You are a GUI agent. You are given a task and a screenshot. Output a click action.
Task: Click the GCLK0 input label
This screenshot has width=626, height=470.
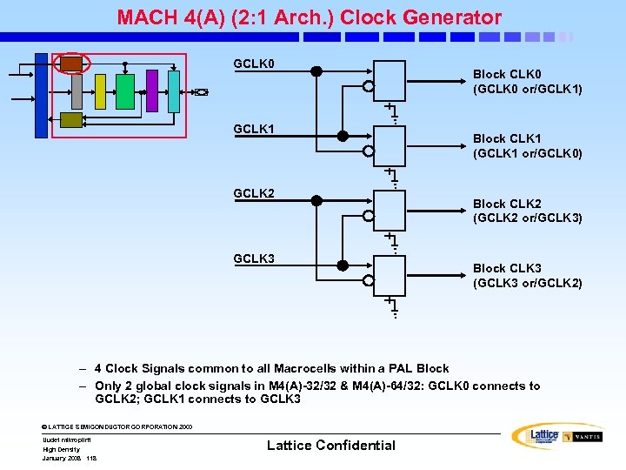254,64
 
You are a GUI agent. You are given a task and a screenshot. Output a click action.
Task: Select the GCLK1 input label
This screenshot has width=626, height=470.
254,129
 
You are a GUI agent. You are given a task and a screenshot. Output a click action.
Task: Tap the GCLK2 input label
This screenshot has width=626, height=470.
254,193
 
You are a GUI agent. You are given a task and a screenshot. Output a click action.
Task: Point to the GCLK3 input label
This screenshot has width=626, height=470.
254,258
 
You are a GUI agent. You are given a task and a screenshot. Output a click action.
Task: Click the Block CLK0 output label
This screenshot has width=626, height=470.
527,82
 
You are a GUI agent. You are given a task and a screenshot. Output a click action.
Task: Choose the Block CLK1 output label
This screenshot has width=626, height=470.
527,146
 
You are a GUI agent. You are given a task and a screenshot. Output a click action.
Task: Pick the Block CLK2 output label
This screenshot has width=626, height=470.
527,211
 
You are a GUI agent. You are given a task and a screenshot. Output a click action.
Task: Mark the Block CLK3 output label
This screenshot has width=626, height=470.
527,275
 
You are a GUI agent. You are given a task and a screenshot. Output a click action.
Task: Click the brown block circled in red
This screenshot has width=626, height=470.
71,64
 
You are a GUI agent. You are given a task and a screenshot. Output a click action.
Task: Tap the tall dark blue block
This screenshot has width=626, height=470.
41,96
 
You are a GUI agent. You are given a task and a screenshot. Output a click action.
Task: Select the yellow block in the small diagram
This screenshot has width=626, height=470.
100,91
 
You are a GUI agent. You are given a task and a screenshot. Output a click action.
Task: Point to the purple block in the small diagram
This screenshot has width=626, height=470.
152,91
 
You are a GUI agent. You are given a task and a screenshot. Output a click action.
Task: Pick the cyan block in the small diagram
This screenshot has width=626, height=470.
173,91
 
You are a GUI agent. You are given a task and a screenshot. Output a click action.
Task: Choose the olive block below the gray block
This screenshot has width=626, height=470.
71,120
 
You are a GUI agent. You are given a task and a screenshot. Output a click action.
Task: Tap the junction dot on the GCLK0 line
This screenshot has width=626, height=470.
316,71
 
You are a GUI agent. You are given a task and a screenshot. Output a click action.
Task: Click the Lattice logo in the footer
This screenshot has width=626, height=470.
538,435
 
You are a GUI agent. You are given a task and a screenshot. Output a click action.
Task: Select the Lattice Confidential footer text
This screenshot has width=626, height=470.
330,446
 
